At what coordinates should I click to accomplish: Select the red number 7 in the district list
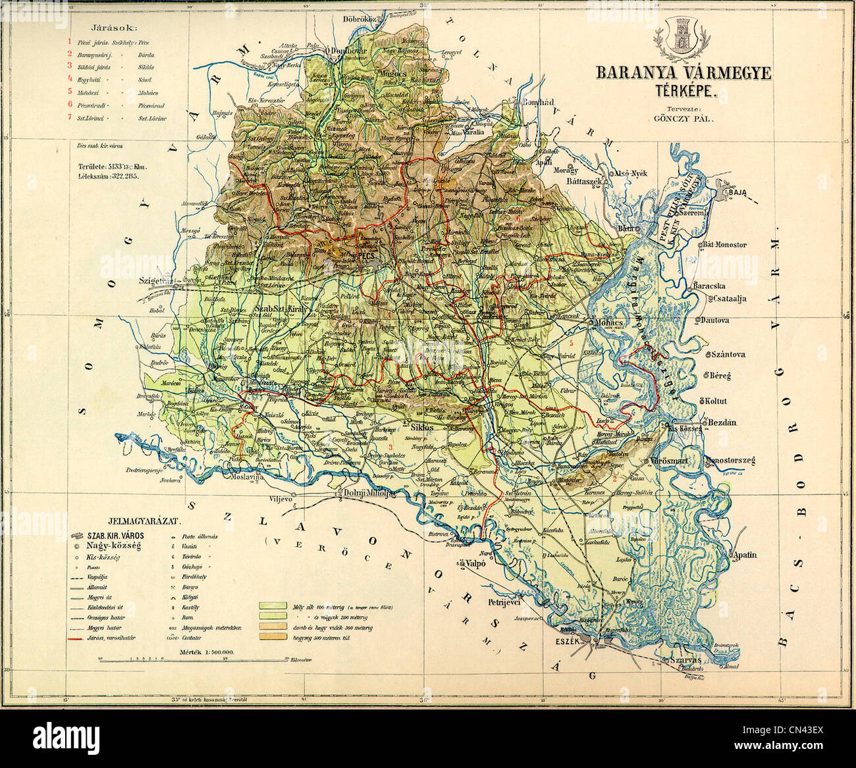pos(69,118)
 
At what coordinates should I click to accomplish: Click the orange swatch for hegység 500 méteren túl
pos(271,638)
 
